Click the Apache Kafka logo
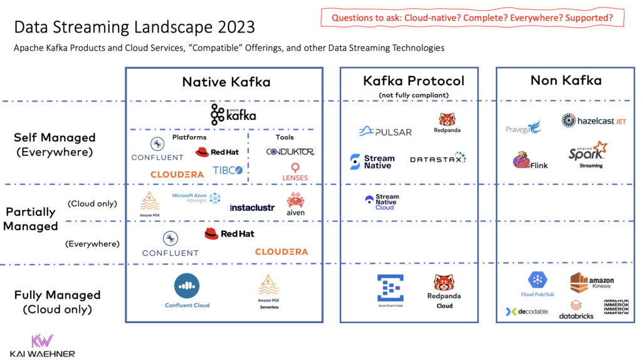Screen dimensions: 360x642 (x=233, y=115)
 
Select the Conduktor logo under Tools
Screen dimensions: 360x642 (x=290, y=152)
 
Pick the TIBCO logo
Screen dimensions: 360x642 (x=228, y=171)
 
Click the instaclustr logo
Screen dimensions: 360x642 (x=252, y=207)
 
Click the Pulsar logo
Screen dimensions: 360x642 (x=385, y=132)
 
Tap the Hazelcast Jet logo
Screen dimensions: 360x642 (x=594, y=120)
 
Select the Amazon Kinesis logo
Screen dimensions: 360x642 (x=591, y=283)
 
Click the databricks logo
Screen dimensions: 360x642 (x=576, y=310)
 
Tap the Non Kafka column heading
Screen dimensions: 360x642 (x=566, y=80)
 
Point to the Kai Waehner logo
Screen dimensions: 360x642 (x=43, y=346)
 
